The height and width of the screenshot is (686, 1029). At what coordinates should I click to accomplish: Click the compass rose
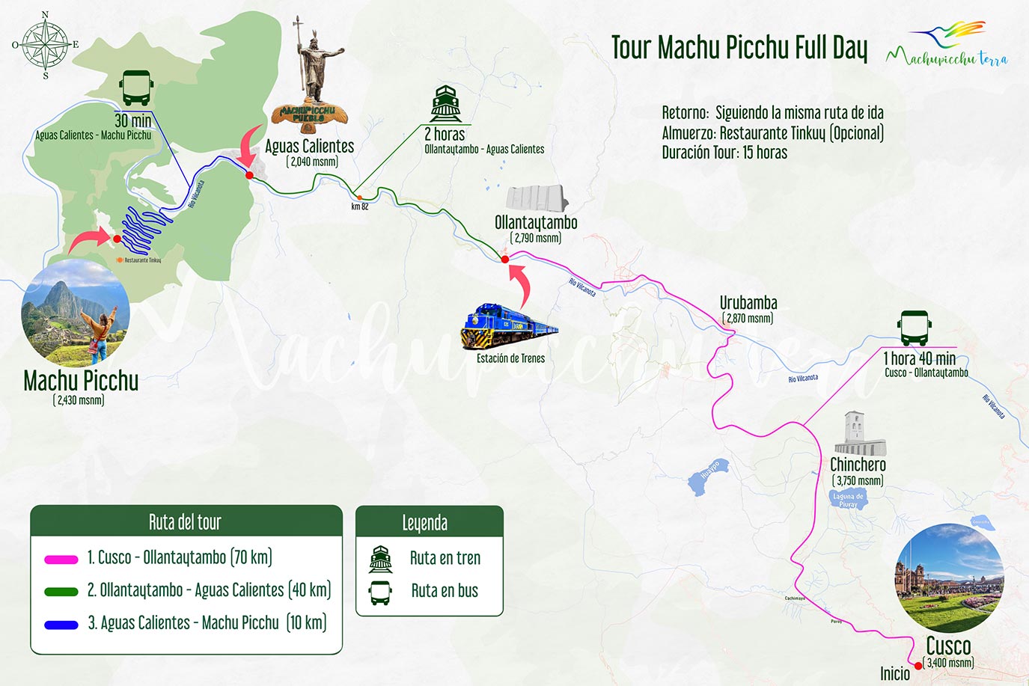pyautogui.click(x=46, y=45)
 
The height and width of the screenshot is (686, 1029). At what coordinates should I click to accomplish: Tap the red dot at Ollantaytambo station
pyautogui.click(x=505, y=260)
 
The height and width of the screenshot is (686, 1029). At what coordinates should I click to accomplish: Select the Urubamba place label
pyautogui.click(x=748, y=303)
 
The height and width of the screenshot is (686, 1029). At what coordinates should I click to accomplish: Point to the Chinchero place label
pyautogui.click(x=858, y=465)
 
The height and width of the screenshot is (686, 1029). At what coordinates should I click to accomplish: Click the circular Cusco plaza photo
pyautogui.click(x=949, y=578)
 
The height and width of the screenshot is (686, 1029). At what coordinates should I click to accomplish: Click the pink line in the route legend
pyautogui.click(x=61, y=559)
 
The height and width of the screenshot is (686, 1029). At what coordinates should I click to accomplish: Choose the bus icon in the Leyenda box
pyautogui.click(x=380, y=592)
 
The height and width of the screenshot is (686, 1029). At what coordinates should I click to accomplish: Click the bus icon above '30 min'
pyautogui.click(x=136, y=88)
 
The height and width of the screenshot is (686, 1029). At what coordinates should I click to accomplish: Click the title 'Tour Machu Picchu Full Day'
pyautogui.click(x=739, y=48)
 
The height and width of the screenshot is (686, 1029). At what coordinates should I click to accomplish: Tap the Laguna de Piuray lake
pyautogui.click(x=848, y=500)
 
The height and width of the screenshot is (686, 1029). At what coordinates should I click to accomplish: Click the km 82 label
pyautogui.click(x=360, y=206)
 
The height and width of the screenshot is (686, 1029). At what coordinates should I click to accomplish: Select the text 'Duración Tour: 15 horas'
pyautogui.click(x=724, y=153)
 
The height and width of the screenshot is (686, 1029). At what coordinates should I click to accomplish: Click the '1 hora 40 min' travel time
pyautogui.click(x=919, y=358)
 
